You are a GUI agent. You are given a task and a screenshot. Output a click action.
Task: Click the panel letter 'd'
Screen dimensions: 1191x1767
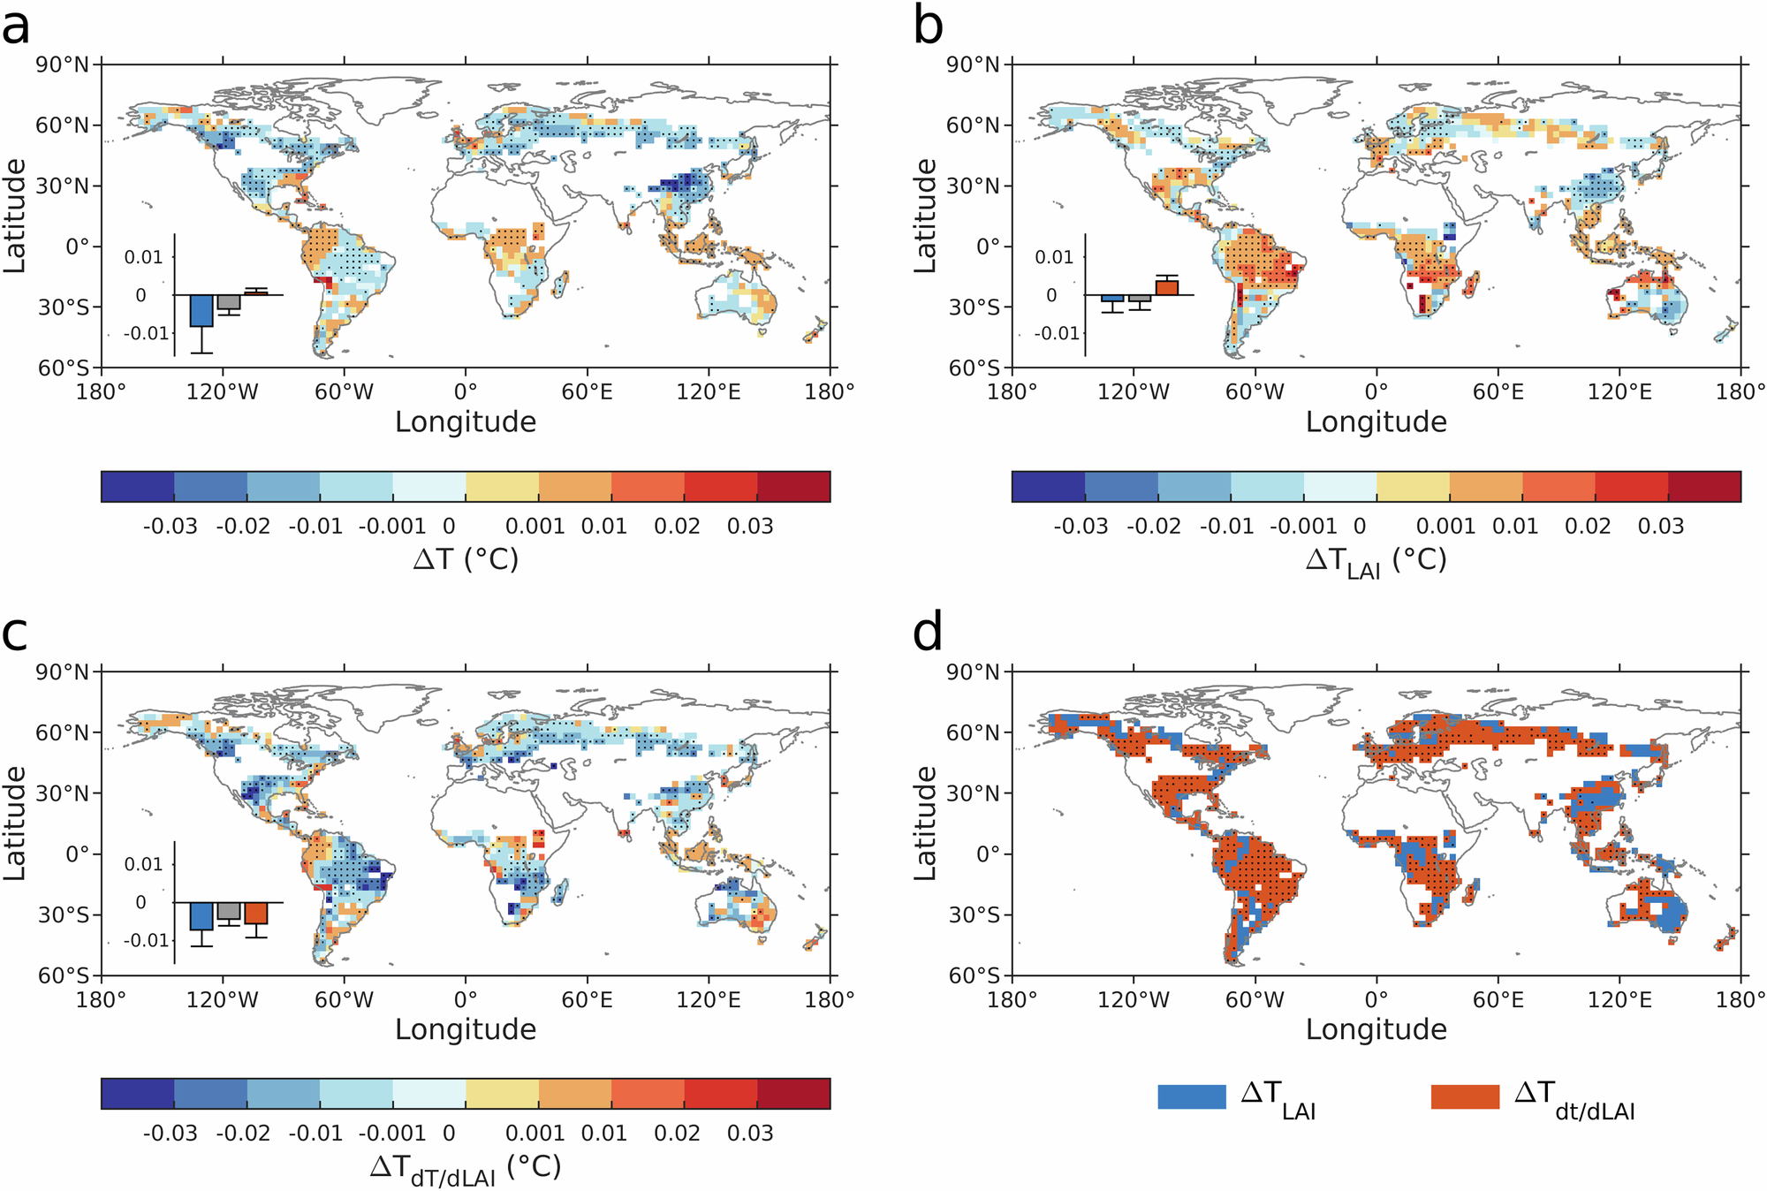tap(928, 633)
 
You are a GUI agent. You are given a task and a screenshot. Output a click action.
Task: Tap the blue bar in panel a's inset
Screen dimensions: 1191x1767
tap(201, 311)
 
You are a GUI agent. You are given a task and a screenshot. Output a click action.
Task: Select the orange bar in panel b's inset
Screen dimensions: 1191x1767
tap(1167, 287)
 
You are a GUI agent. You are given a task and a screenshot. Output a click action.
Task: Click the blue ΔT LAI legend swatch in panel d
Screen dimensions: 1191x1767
tap(1192, 1096)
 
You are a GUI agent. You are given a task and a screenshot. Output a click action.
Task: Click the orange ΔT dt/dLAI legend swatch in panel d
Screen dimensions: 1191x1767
tap(1465, 1096)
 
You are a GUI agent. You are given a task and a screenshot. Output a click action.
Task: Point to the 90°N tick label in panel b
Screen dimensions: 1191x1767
tap(973, 64)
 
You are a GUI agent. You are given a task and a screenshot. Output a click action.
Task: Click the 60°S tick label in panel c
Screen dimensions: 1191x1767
tap(64, 975)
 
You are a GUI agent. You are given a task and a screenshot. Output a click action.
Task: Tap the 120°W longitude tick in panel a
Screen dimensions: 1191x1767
tap(223, 391)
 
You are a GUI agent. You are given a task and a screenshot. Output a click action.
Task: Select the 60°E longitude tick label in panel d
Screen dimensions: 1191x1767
tap(1498, 999)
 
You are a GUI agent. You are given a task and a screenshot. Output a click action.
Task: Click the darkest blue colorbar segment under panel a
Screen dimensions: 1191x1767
tap(138, 487)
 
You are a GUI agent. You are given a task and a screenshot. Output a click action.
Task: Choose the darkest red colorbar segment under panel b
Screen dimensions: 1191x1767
tap(1704, 487)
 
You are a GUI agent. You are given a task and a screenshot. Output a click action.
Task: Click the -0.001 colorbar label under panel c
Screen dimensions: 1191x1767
tap(392, 1134)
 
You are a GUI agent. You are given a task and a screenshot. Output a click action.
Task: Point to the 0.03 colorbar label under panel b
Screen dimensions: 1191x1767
tap(1660, 527)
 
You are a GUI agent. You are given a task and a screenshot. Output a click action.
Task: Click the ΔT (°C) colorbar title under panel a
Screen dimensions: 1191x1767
tap(466, 559)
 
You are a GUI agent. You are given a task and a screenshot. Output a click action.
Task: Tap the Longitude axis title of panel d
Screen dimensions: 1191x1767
tap(1376, 1029)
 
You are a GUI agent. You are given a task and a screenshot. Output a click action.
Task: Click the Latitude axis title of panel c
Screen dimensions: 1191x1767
tap(15, 823)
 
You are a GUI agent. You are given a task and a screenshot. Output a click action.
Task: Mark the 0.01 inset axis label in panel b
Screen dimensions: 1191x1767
tap(1054, 257)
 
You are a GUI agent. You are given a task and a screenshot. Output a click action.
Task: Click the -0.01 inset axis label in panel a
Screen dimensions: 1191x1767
tap(147, 333)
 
